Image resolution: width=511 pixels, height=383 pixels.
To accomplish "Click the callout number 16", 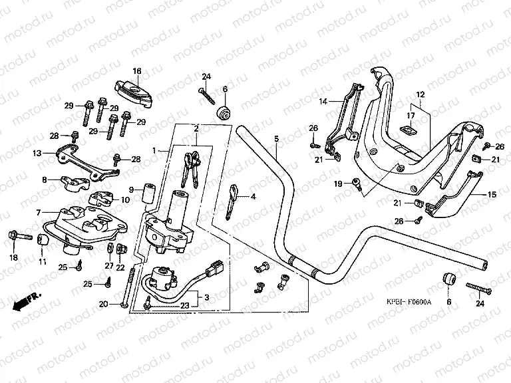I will (137, 70).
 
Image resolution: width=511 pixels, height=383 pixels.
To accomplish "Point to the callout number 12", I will (420, 94).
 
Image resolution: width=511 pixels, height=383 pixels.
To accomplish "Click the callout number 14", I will (323, 102).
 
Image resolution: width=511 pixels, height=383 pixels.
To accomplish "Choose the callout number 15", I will (492, 195).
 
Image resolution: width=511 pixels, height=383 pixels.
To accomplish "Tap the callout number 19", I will (337, 182).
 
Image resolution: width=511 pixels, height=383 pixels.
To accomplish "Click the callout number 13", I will (37, 153).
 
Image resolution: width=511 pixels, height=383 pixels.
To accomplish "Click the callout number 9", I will (131, 190).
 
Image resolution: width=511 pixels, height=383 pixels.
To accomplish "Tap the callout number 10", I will (125, 199).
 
